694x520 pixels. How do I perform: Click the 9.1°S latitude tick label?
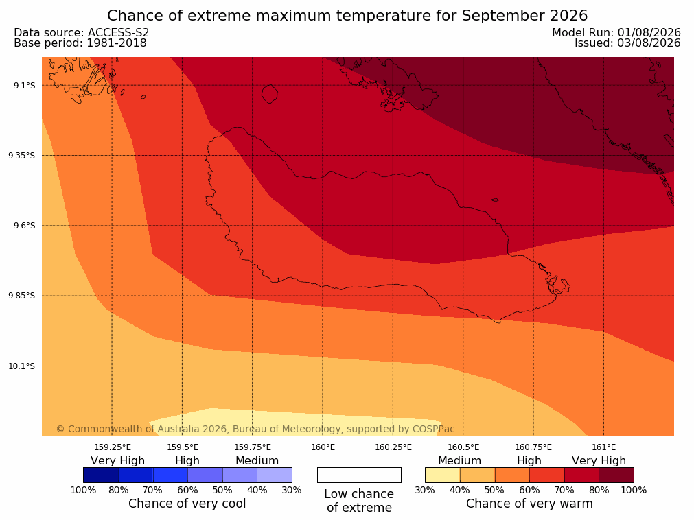22,85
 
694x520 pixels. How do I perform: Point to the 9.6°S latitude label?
22,226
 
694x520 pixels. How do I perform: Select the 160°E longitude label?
323,447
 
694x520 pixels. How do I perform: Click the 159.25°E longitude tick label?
113,447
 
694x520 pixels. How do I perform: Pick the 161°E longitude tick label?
604,447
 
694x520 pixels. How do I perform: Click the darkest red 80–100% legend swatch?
616,475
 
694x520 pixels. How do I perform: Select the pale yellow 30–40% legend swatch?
443,475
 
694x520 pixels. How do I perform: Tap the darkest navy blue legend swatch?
101,475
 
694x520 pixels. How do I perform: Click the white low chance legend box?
360,475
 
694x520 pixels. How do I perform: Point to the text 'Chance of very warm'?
529,504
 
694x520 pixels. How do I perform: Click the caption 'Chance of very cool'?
187,504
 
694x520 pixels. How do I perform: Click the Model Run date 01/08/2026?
649,33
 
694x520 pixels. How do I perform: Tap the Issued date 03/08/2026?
649,43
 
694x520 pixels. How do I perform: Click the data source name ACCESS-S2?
119,33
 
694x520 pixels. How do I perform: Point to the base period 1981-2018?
117,43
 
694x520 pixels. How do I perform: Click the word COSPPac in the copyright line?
434,429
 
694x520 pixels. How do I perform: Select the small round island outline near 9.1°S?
270,94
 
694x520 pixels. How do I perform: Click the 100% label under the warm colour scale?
634,490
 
